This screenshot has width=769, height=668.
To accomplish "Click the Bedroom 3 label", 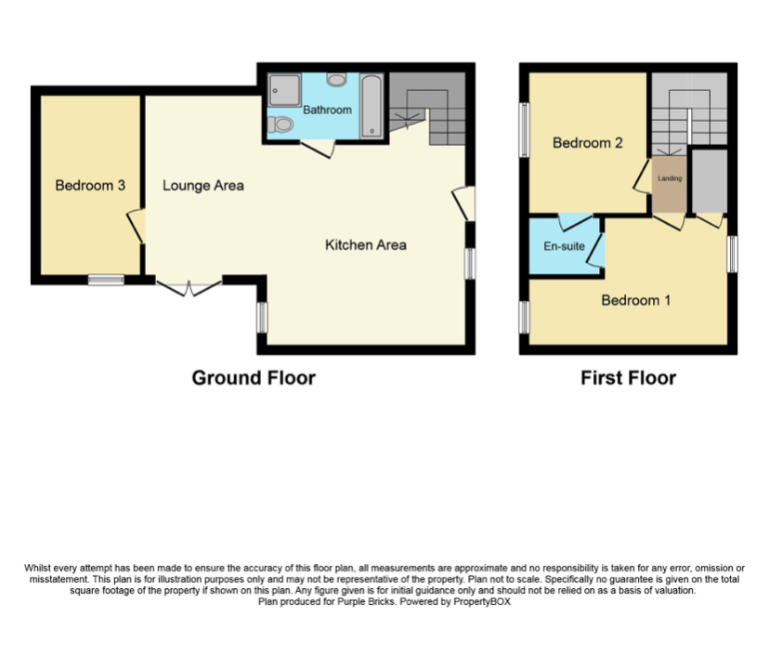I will (90, 186).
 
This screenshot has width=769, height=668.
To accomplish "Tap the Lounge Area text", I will (202, 186).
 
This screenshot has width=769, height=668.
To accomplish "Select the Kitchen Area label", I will (365, 245).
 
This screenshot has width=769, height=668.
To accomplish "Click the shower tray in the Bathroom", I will (280, 90).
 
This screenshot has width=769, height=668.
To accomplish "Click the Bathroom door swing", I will (319, 149).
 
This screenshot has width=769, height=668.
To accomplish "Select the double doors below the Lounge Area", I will (189, 286).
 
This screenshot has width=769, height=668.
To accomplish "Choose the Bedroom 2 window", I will (524, 130).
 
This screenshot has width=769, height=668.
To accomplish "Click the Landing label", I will (669, 178).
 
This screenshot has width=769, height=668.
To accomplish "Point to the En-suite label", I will (564, 247).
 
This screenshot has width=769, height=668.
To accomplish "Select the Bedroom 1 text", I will (636, 300).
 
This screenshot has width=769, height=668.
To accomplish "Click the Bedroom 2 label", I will (587, 143).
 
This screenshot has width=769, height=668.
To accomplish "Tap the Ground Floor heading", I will (253, 378).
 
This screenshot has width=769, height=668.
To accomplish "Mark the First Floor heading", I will (628, 378).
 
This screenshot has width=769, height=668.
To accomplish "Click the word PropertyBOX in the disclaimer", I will (482, 602).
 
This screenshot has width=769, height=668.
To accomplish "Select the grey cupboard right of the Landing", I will (710, 178).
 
